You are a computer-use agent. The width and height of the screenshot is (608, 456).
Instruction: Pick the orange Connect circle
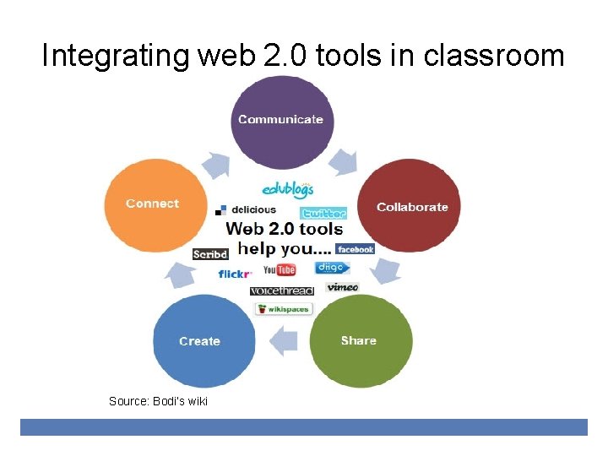point(155,204)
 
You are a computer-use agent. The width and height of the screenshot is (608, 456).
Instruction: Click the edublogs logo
point(288,189)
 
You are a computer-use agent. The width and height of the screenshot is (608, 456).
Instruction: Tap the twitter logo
point(323,213)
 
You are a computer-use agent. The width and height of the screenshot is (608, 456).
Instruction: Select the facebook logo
point(355,249)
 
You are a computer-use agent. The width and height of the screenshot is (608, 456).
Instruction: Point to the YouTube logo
point(280,269)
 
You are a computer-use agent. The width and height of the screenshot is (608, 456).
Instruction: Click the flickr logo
point(235,274)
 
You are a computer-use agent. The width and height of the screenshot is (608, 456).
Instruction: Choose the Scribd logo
point(210,253)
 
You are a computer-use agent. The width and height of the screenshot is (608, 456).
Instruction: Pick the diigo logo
point(332,268)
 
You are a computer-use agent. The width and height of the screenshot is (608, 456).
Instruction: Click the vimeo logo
point(343,287)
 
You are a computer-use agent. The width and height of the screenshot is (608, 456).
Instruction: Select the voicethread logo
point(281,290)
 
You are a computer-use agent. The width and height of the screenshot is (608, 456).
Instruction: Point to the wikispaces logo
point(285,309)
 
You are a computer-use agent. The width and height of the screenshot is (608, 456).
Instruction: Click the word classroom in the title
point(494,56)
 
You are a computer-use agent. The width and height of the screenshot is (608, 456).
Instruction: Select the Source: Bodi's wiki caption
point(158,400)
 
